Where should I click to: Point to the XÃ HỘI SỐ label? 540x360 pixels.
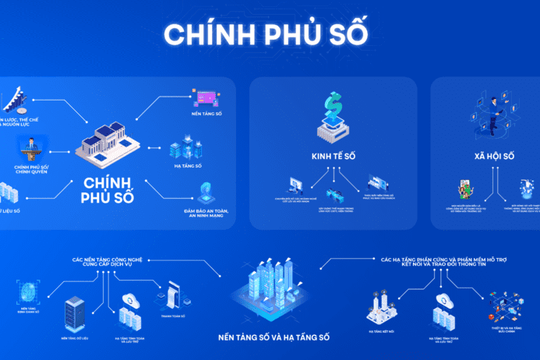pyautogui.click(x=493, y=157)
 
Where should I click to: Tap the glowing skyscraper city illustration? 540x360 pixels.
pyautogui.click(x=268, y=285)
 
